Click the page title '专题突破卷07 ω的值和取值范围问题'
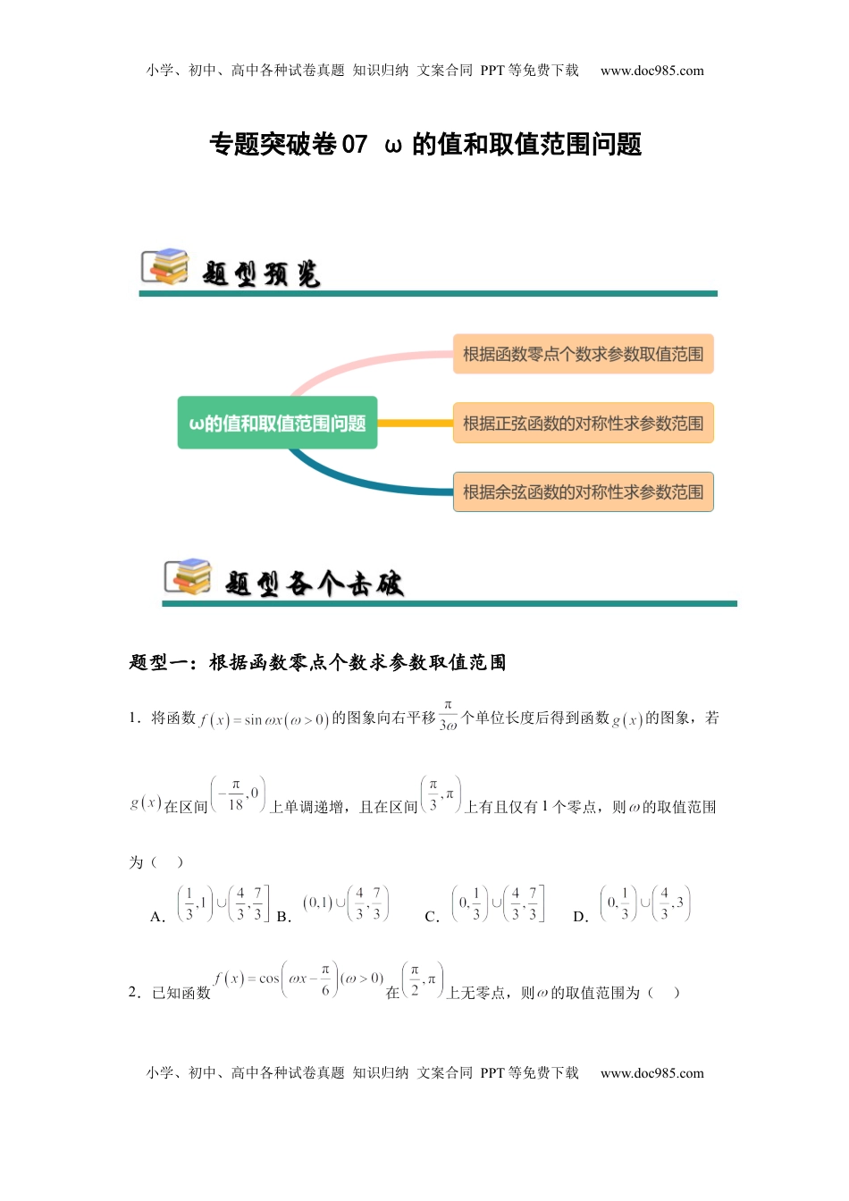pos(425,144)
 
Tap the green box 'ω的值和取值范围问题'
pos(277,423)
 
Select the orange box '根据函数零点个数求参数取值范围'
pos(583,354)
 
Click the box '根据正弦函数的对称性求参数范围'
pos(583,423)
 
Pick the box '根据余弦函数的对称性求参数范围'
pos(583,491)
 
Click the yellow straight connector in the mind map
pos(415,423)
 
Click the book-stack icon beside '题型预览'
pos(165,266)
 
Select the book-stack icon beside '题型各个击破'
pos(188,576)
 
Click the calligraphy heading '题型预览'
pos(261,273)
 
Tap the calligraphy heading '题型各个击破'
pos(314,584)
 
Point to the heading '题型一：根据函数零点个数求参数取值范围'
pos(317,662)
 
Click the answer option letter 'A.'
pos(158,917)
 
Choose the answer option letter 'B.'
pos(284,917)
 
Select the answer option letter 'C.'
pos(433,917)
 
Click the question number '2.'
pos(135,992)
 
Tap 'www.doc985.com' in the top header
pos(651,71)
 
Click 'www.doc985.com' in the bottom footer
pos(651,1073)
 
